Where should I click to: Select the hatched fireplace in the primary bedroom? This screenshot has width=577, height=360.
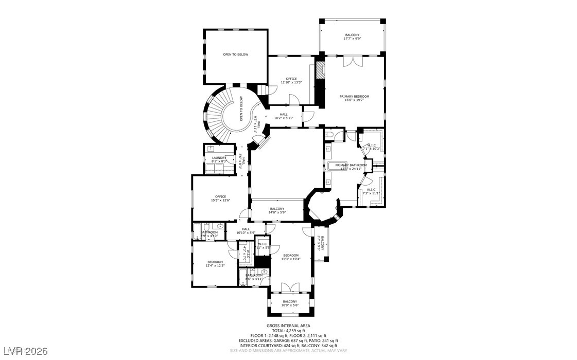point(320,70)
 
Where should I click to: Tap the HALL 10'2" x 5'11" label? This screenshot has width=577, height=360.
point(284,116)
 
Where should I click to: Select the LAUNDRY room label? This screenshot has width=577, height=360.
point(219,159)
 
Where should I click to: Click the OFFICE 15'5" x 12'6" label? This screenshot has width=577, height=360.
point(220,198)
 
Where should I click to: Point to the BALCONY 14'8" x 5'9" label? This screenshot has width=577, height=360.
point(277,210)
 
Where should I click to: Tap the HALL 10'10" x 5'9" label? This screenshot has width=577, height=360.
point(246,231)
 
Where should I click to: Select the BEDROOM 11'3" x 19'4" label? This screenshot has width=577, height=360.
point(290,257)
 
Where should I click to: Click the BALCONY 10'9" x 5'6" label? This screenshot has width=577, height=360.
point(290,303)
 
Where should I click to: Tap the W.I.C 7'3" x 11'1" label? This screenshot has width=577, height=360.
point(371,191)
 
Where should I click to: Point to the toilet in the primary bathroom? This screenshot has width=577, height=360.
point(329,135)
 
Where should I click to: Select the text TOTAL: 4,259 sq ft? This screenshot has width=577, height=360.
point(289,331)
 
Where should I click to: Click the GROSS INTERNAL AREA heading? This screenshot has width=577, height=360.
point(289,326)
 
